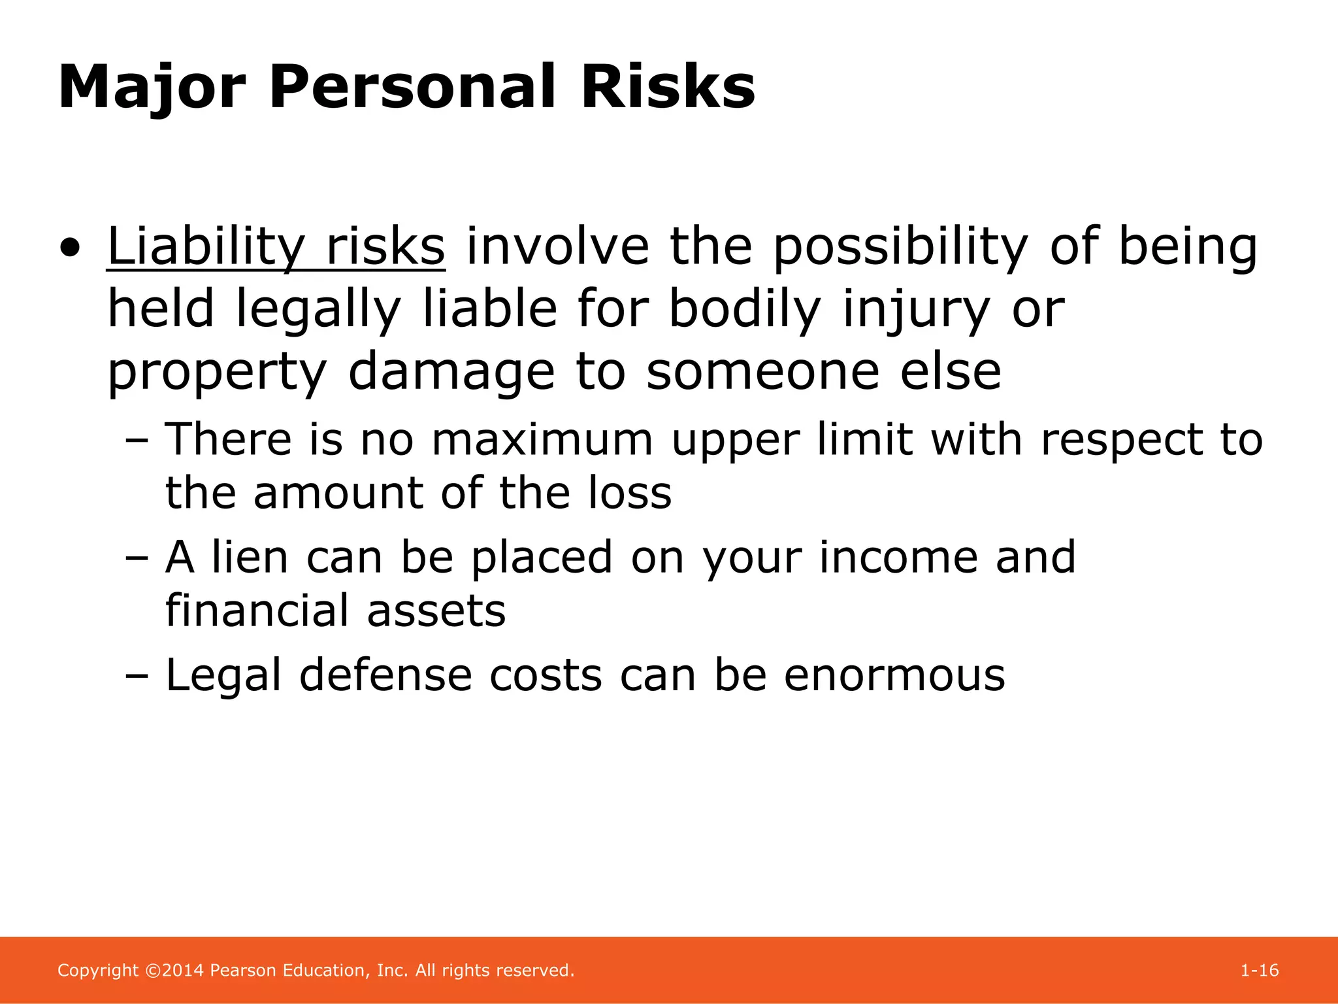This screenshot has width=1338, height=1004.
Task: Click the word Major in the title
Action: [x=152, y=88]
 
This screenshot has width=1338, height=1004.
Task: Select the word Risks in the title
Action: [x=668, y=87]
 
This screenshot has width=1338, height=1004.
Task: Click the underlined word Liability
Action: [x=206, y=248]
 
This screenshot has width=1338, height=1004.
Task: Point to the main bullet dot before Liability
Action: [x=70, y=249]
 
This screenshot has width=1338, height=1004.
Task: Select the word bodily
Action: [x=744, y=309]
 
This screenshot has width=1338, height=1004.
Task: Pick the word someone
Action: [x=762, y=371]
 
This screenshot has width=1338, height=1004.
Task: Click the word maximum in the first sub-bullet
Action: [x=542, y=439]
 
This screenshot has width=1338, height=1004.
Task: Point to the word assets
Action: [x=436, y=611]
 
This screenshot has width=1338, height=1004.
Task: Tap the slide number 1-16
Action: [x=1259, y=970]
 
